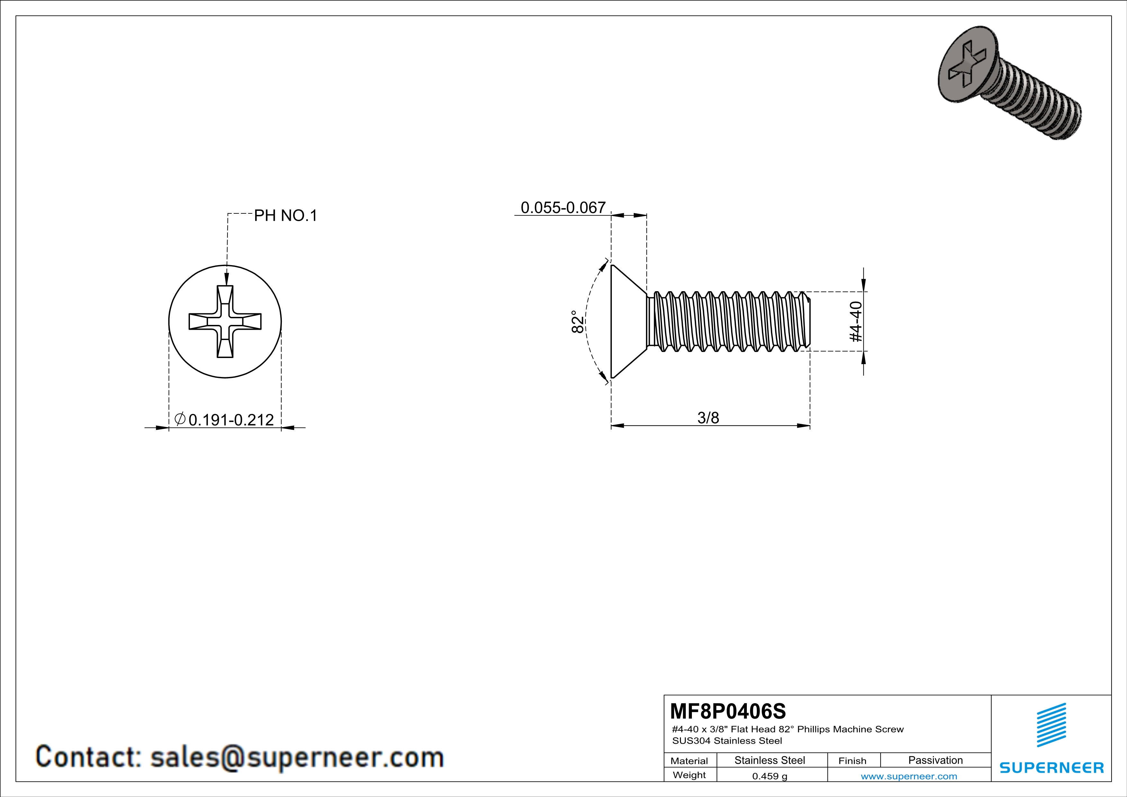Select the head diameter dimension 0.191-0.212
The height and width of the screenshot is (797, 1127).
coord(231,420)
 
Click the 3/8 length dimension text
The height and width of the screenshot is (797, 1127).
coord(708,418)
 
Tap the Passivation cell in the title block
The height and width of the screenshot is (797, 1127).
coord(935,760)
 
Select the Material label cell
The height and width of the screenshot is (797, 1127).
coord(689,761)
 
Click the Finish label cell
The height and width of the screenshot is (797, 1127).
coord(852,761)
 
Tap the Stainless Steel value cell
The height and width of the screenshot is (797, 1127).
coord(769,760)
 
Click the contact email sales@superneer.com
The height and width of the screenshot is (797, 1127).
coord(297,757)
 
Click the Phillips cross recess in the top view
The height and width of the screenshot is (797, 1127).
coord(225,321)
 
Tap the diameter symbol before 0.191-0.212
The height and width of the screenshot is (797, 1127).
coord(180,419)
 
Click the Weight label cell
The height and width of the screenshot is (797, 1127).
coord(689,775)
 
